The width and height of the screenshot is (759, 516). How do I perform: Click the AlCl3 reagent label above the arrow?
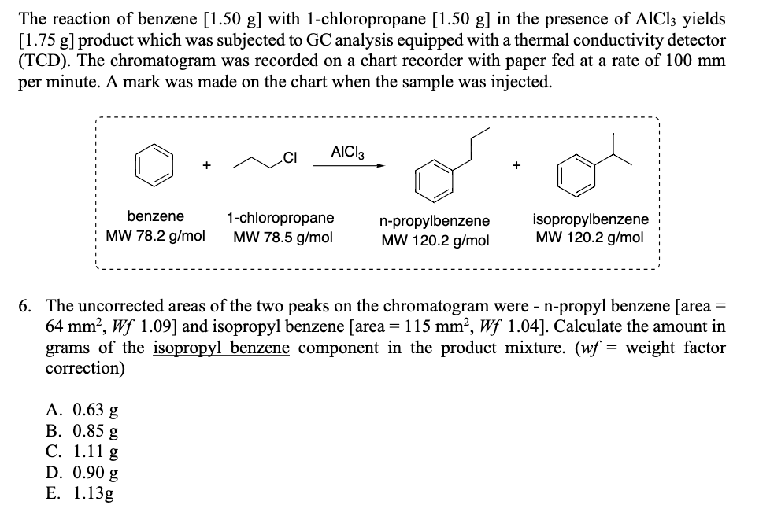(349, 149)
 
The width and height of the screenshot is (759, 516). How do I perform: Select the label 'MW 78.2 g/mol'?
(156, 235)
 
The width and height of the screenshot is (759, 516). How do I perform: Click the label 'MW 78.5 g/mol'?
(280, 237)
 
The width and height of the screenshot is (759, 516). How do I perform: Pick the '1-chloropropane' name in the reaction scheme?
(280, 217)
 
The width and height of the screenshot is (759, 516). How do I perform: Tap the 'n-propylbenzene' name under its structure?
(434, 221)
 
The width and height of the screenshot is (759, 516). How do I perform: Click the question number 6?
(28, 305)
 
